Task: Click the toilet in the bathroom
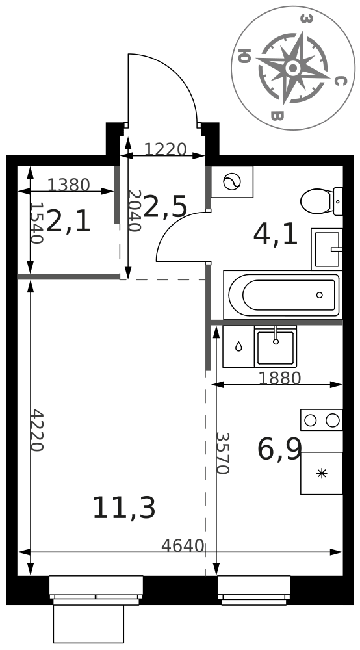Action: [x=322, y=201]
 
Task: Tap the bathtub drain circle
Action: [x=320, y=295]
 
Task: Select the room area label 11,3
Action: [x=124, y=508]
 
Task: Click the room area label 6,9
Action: [x=279, y=449]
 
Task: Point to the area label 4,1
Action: [x=276, y=235]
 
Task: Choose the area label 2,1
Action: [x=68, y=221]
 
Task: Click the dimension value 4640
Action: [x=183, y=546]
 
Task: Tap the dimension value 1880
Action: [x=279, y=378]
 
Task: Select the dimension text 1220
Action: [x=165, y=149]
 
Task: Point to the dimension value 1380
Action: [x=68, y=185]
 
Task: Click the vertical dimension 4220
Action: [x=37, y=430]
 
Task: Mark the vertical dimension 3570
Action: [x=222, y=453]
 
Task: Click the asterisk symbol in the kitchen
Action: [x=322, y=473]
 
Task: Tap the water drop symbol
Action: [x=238, y=346]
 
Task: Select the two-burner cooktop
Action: [x=322, y=420]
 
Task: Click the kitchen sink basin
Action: [x=276, y=346]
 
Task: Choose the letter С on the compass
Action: [x=339, y=81]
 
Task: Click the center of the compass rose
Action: [x=293, y=68]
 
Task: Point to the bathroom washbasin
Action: [x=327, y=249]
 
